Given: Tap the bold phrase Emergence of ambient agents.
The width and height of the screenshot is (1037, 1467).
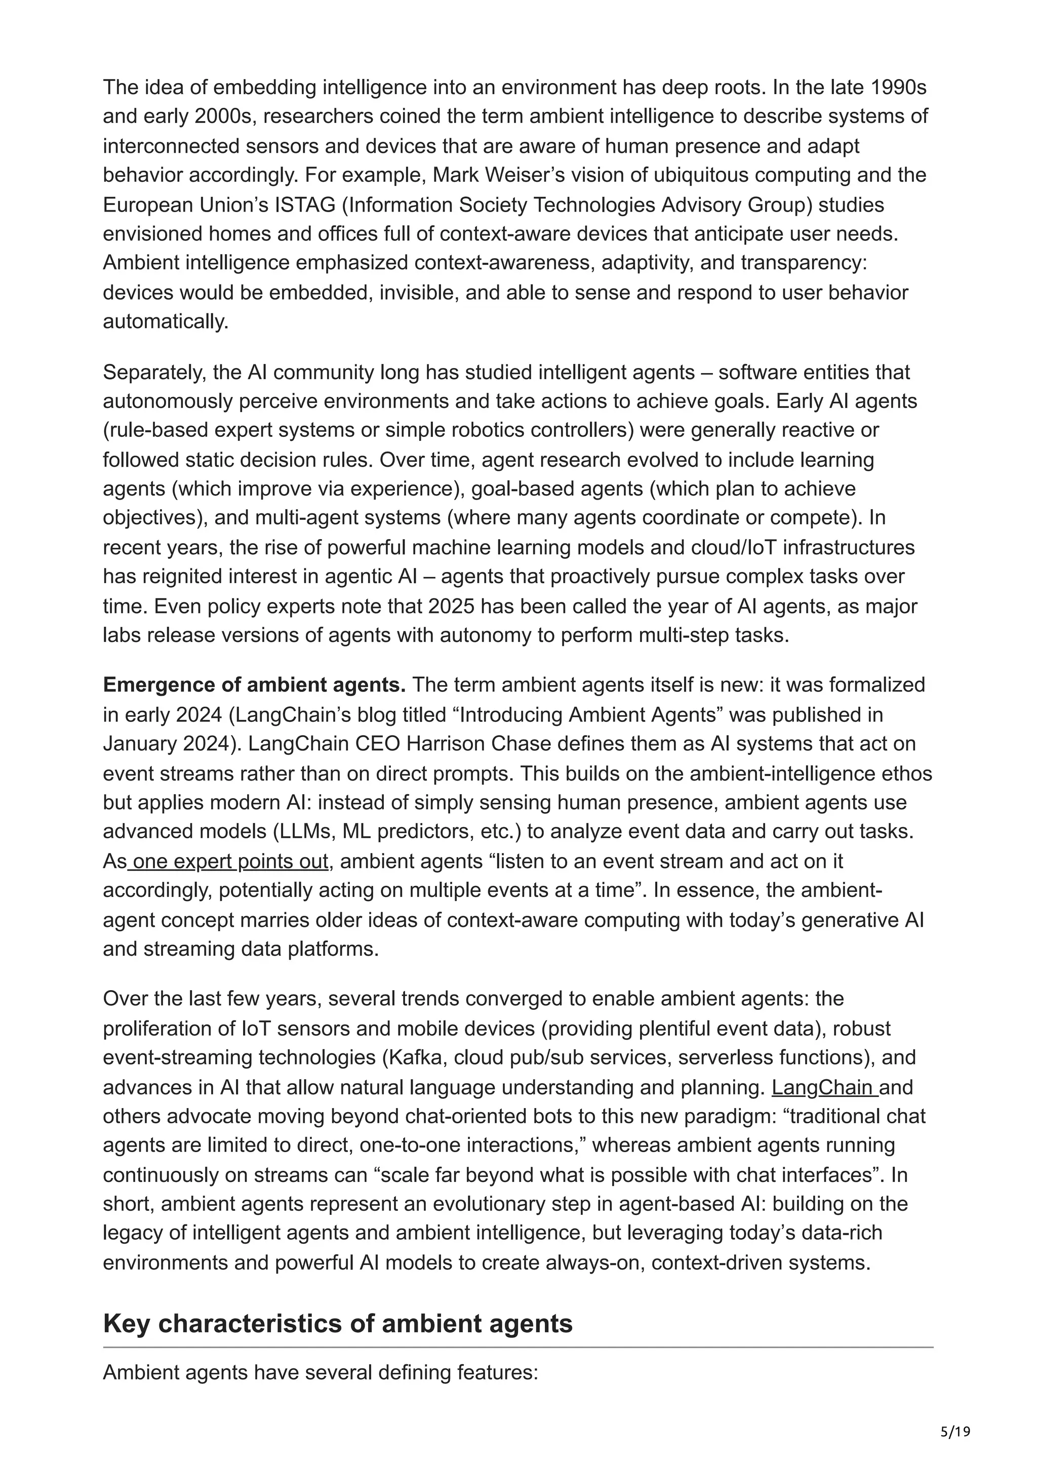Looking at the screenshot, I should click(254, 684).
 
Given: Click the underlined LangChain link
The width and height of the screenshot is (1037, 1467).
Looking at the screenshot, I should click(824, 1087).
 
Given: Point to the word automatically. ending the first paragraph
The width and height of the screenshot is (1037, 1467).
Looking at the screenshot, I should click(166, 321).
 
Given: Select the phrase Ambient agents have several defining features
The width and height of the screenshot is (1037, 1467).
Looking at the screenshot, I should click(320, 1372).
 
